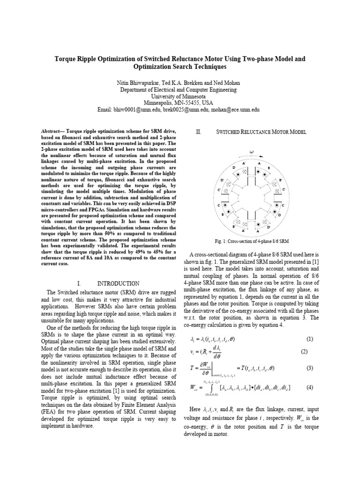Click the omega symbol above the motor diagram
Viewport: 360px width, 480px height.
[251, 152]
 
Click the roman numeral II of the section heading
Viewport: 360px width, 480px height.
[198, 133]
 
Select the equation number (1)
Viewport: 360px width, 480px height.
[309, 339]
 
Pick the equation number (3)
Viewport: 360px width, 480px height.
[309, 368]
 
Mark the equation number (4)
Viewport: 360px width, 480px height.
[309, 387]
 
